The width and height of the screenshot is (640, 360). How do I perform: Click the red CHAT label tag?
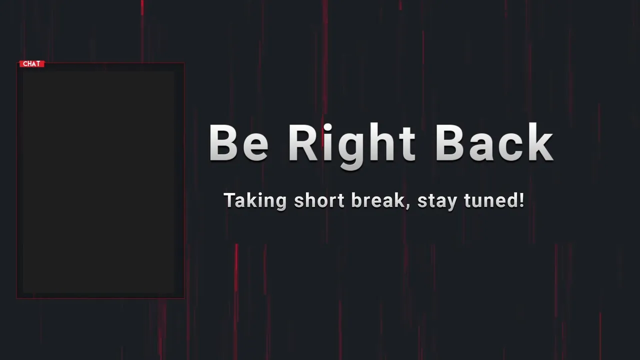tap(32, 63)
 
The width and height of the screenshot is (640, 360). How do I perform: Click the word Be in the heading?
tap(238, 143)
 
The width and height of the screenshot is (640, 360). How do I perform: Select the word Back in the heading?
tap(494, 142)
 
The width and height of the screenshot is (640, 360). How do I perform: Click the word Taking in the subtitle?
tap(255, 201)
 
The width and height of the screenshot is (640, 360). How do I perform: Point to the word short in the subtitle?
tap(319, 200)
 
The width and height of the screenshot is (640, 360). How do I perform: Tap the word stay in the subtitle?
tap(437, 201)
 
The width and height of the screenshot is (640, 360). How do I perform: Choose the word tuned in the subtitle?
tap(490, 200)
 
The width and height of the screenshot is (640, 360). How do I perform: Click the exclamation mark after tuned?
tap(521, 200)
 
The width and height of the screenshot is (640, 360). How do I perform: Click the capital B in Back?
tap(450, 142)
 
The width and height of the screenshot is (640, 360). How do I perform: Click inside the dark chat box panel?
tap(99, 182)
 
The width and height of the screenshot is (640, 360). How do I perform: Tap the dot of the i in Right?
tap(328, 127)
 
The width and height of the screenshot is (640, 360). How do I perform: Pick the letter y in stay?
tap(450, 203)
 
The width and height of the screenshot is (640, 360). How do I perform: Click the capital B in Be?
tap(223, 142)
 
